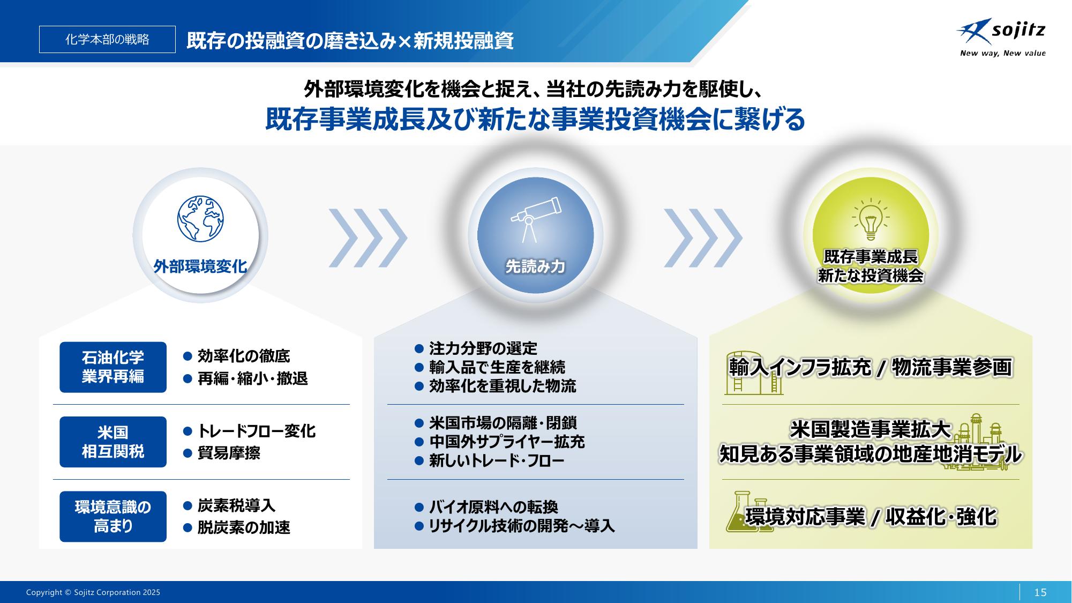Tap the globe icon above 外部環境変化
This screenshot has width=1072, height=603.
coord(200,219)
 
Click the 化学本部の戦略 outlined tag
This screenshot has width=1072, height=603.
coord(107,39)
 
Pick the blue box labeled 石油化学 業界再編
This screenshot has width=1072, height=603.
coord(113,367)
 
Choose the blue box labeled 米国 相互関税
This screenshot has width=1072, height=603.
coord(113,442)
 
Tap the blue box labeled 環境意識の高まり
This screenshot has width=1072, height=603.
coord(113,517)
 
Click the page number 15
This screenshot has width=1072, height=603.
coord(1040,592)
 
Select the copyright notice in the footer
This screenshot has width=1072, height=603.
coord(93,592)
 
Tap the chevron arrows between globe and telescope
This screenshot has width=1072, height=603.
coord(368,238)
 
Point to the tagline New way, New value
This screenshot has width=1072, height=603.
coord(1002,53)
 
